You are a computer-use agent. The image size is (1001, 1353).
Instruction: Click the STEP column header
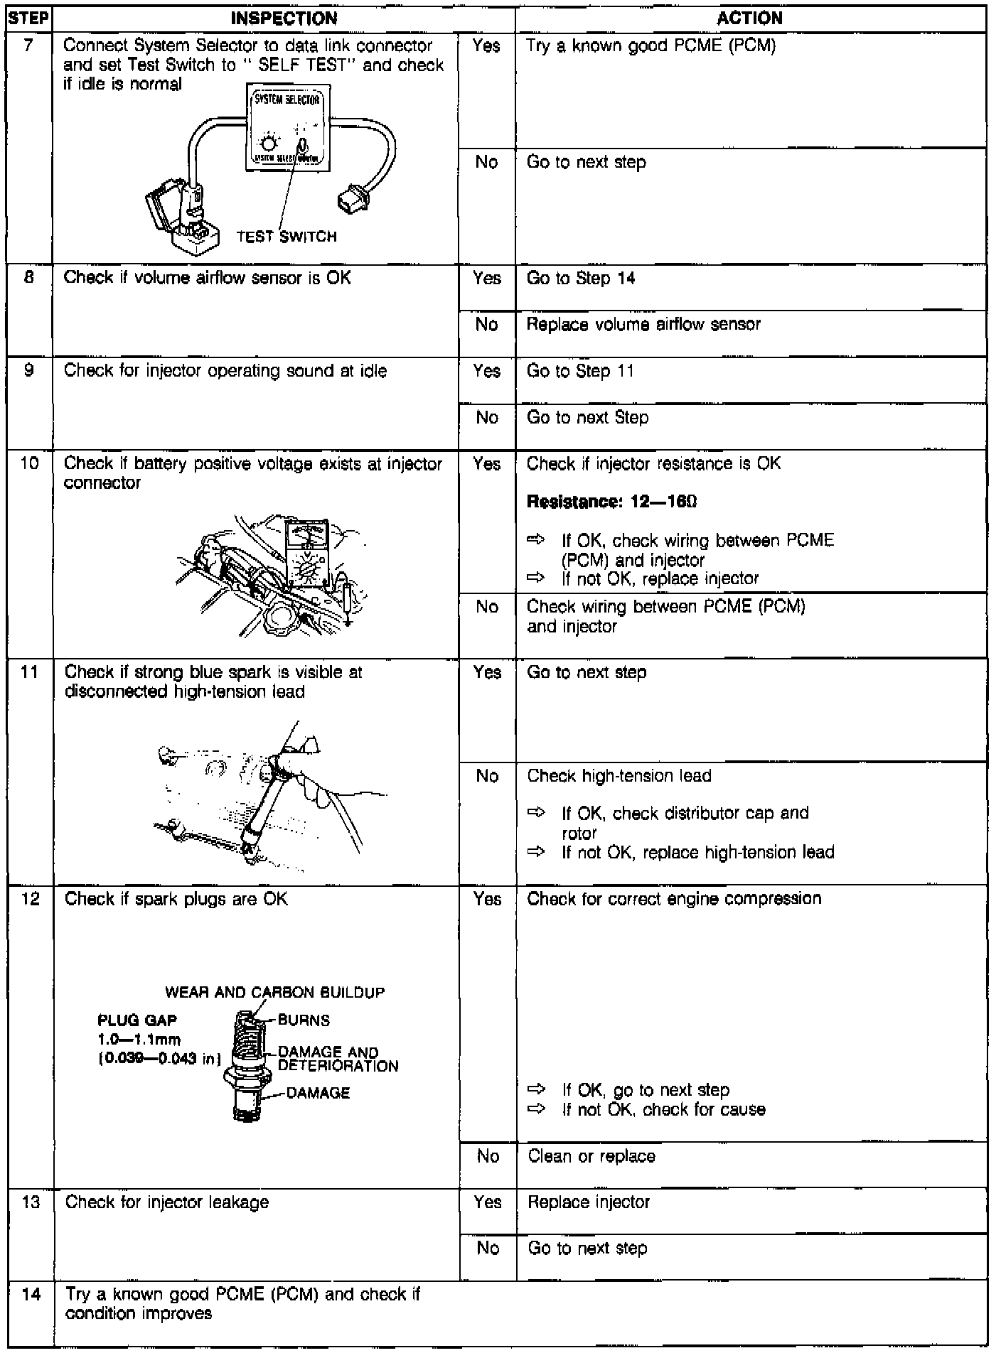coord(29,18)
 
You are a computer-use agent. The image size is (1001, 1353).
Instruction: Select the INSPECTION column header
coord(284,18)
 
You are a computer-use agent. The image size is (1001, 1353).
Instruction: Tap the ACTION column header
coord(749,18)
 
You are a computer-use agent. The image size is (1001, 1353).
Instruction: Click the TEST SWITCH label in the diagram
coord(287,237)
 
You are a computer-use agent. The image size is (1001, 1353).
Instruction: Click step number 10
coord(30,464)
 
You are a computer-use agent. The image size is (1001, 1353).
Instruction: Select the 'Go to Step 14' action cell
coord(581,279)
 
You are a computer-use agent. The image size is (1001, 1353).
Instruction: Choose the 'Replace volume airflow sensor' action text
coord(643,325)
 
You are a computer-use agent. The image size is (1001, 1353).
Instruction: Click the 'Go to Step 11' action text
coord(580,371)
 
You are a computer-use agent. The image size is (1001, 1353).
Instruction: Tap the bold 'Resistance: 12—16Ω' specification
coord(611,502)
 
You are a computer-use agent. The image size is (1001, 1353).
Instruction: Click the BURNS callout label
coord(304,1020)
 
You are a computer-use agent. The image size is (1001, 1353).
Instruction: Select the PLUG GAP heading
coord(136,1020)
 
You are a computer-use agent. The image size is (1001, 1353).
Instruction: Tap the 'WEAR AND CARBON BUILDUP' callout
coord(274,992)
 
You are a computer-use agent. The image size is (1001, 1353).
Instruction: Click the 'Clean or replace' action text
coord(591,1156)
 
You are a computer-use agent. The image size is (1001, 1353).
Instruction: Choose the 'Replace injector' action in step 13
coord(589,1202)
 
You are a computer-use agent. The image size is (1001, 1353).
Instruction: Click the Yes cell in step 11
coord(487,672)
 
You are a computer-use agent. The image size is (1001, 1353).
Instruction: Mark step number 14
coord(31,1294)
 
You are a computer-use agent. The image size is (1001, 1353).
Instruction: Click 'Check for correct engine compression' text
coord(674,898)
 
